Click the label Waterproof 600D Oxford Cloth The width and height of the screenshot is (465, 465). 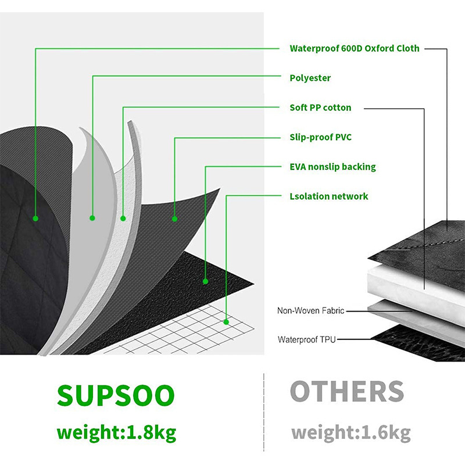click(x=354, y=48)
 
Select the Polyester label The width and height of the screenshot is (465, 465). click(x=310, y=78)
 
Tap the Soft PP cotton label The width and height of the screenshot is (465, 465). click(x=320, y=108)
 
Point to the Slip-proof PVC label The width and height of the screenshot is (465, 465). click(x=320, y=137)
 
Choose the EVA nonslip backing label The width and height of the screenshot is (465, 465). click(x=332, y=167)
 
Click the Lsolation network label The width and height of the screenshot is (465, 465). click(x=328, y=196)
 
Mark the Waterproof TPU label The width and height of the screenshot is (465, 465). click(x=307, y=339)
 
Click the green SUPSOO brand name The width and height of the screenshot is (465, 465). click(x=115, y=395)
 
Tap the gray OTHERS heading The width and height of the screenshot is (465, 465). click(x=346, y=392)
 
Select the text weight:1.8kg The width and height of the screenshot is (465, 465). click(x=116, y=433)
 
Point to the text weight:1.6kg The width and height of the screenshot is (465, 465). click(x=350, y=433)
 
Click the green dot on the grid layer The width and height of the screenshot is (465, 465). click(x=226, y=321)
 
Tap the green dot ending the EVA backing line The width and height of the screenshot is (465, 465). click(x=205, y=281)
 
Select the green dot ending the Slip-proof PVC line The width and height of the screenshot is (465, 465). click(x=174, y=219)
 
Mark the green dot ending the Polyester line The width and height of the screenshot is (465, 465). click(x=92, y=218)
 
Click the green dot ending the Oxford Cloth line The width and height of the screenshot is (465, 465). click(x=35, y=219)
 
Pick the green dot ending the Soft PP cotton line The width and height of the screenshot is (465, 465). click(x=123, y=219)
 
